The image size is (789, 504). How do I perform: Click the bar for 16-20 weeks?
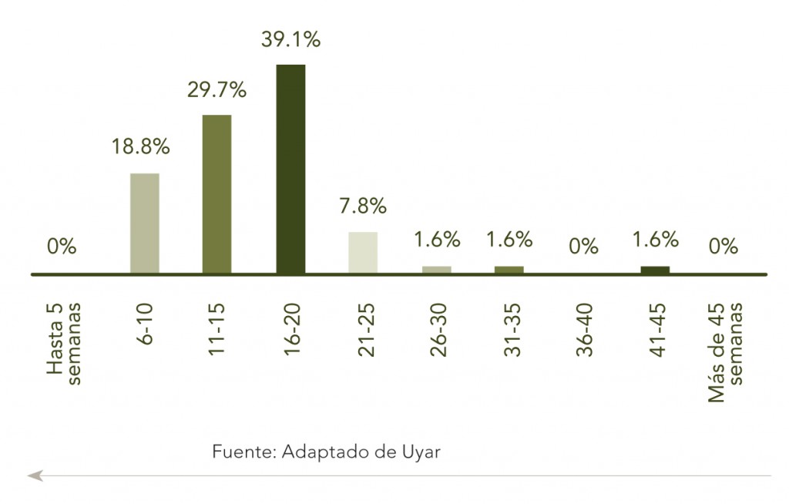coord(290,169)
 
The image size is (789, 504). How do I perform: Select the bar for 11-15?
coord(217,194)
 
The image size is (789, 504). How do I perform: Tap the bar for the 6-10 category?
coord(144,223)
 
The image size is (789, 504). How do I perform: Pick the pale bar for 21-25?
coord(363,253)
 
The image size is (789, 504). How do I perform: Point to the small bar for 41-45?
coord(655,270)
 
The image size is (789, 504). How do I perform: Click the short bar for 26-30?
coord(436,270)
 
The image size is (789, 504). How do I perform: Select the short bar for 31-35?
coord(509,270)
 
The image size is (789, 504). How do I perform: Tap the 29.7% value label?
coord(217,90)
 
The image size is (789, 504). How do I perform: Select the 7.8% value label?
coord(363,206)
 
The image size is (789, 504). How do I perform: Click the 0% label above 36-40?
coord(583,247)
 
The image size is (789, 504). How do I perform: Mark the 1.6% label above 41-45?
coord(656,239)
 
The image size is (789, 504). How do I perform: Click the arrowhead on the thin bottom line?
coord(35,476)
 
